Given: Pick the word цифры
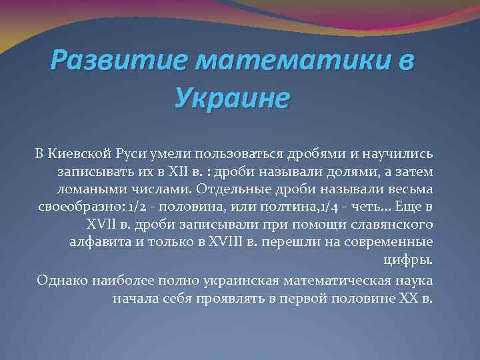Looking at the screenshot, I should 415,258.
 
